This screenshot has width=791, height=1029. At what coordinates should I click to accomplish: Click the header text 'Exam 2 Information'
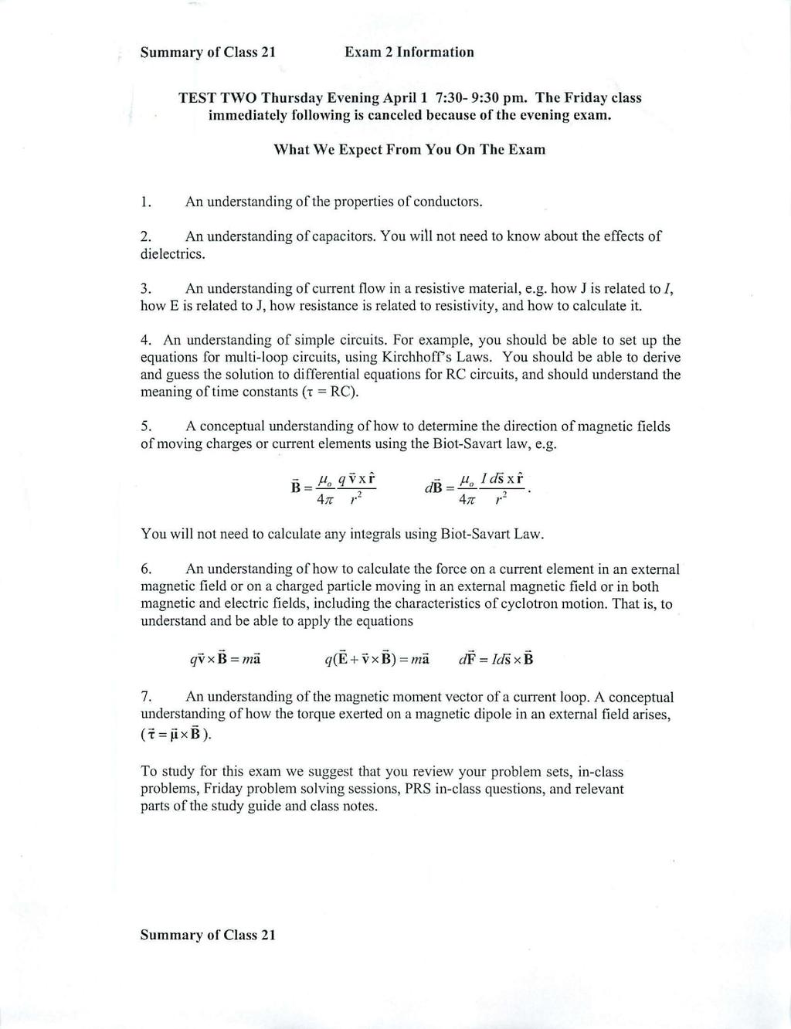(409, 53)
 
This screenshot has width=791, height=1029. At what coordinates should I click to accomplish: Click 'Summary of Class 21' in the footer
(207, 935)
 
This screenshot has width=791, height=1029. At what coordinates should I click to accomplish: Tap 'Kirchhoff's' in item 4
(421, 358)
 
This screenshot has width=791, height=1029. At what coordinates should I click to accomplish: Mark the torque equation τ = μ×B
(175, 733)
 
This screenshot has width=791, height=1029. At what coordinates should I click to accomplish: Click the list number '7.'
(146, 698)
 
